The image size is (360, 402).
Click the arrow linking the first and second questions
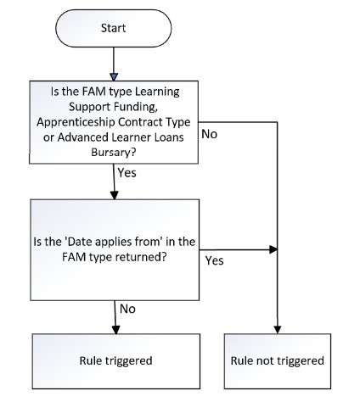(x=113, y=181)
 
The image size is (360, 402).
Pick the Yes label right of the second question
(x=215, y=261)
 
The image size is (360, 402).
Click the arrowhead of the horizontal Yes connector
(x=273, y=249)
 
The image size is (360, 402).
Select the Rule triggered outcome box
(x=113, y=360)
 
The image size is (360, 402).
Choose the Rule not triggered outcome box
(x=277, y=360)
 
